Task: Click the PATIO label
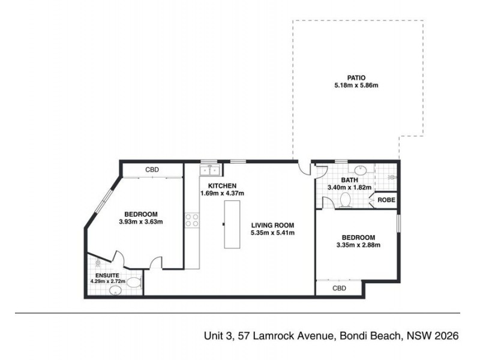(x=356, y=77)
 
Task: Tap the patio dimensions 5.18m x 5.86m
(x=356, y=86)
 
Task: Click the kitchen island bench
(x=232, y=224)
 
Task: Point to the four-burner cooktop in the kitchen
(x=191, y=220)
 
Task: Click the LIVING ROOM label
(x=272, y=225)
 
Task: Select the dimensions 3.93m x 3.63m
(x=141, y=222)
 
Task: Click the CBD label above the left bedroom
(x=152, y=170)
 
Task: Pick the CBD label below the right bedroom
(x=339, y=289)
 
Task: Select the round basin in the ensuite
(x=115, y=290)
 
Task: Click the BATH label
(x=349, y=179)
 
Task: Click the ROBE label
(x=386, y=200)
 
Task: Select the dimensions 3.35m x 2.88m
(x=358, y=245)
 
